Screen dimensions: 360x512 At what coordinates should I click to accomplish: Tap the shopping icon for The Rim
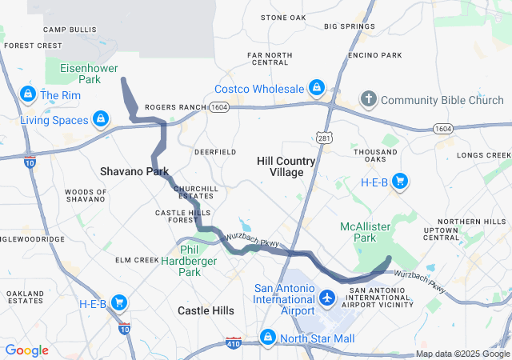coord(28,94)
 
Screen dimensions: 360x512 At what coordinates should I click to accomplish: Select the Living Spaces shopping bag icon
coord(100,120)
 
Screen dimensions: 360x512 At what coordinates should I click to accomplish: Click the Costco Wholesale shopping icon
coord(317,87)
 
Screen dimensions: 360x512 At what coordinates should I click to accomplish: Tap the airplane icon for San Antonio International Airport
coord(326,298)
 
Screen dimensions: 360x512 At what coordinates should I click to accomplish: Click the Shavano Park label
coord(134,171)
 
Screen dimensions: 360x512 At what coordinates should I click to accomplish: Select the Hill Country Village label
coord(286,166)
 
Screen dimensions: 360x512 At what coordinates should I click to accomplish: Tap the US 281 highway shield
coord(323,139)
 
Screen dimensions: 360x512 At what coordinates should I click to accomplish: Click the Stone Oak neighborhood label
coord(283,18)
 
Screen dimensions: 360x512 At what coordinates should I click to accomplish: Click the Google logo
coord(26,350)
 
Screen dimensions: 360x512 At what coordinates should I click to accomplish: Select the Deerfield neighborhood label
coord(215,151)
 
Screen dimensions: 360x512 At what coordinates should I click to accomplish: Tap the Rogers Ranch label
coord(174,106)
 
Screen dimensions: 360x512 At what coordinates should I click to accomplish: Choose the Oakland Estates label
coord(25,297)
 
